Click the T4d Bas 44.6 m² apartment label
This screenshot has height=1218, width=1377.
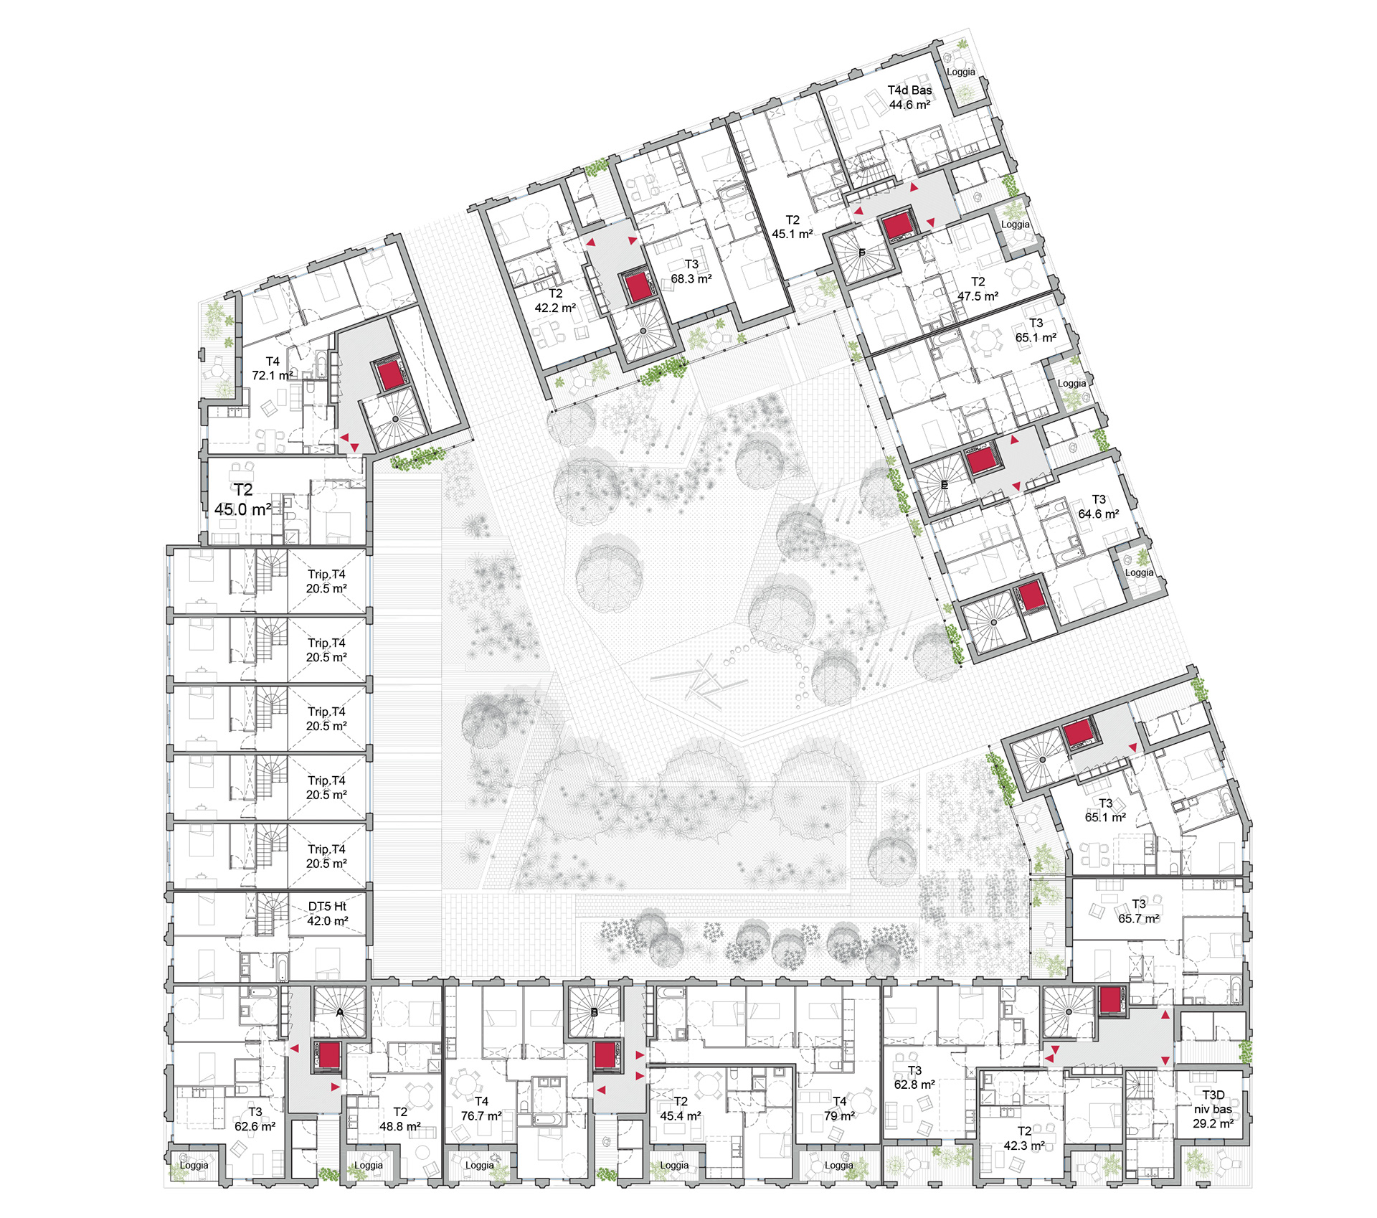click(909, 98)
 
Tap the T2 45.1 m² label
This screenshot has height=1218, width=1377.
click(792, 227)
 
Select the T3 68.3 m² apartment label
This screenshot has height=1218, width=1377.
click(691, 272)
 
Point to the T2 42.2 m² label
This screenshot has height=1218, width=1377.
click(555, 301)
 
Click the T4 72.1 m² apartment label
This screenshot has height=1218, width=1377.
click(272, 369)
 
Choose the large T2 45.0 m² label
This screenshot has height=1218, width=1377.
click(243, 499)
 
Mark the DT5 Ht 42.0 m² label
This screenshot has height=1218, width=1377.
click(327, 914)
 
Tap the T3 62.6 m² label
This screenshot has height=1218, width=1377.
click(255, 1119)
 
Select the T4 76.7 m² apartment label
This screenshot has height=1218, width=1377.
click(481, 1108)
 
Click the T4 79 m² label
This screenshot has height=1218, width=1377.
click(839, 1108)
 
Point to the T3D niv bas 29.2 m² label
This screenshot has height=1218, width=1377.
click(1213, 1109)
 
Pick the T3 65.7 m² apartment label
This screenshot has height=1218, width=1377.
click(1138, 911)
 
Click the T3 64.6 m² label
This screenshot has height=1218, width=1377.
click(1098, 506)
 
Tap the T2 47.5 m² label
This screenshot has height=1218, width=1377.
click(978, 289)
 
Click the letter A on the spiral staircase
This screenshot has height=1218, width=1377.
click(340, 1012)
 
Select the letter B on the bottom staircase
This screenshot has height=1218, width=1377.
click(594, 1013)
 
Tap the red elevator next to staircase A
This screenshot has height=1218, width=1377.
click(329, 1056)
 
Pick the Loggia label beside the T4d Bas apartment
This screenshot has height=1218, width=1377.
click(960, 72)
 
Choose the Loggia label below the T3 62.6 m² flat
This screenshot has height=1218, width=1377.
click(194, 1165)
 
